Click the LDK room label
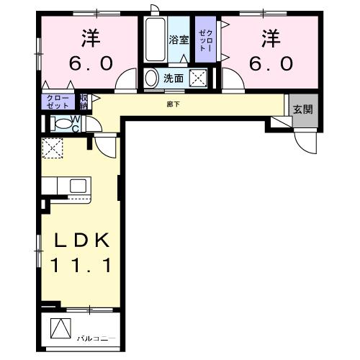[80, 240]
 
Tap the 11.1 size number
[80, 266]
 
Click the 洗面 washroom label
[173, 78]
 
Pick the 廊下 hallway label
[194, 104]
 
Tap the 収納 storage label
[84, 100]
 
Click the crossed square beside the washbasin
[199, 78]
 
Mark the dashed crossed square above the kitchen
[53, 148]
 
